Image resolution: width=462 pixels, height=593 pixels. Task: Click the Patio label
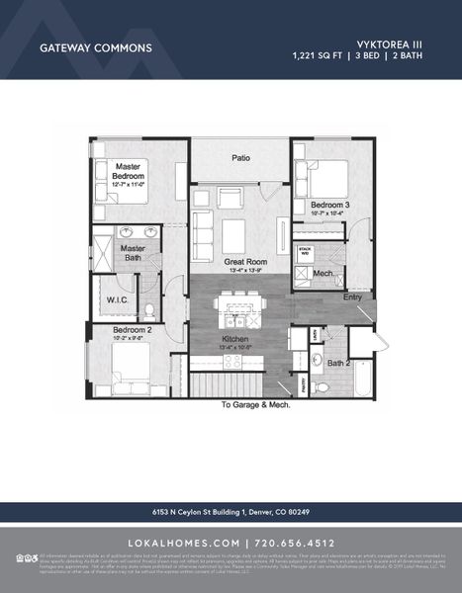tap(239, 157)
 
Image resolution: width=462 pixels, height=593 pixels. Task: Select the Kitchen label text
tap(234, 340)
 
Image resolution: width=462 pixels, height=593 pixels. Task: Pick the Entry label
tap(352, 296)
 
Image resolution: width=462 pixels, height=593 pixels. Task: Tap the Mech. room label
tap(323, 273)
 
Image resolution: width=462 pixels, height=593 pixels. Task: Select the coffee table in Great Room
tap(235, 235)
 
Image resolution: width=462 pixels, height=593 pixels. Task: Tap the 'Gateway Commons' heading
tap(95, 47)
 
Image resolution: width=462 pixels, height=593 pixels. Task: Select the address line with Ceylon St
tap(231, 512)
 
